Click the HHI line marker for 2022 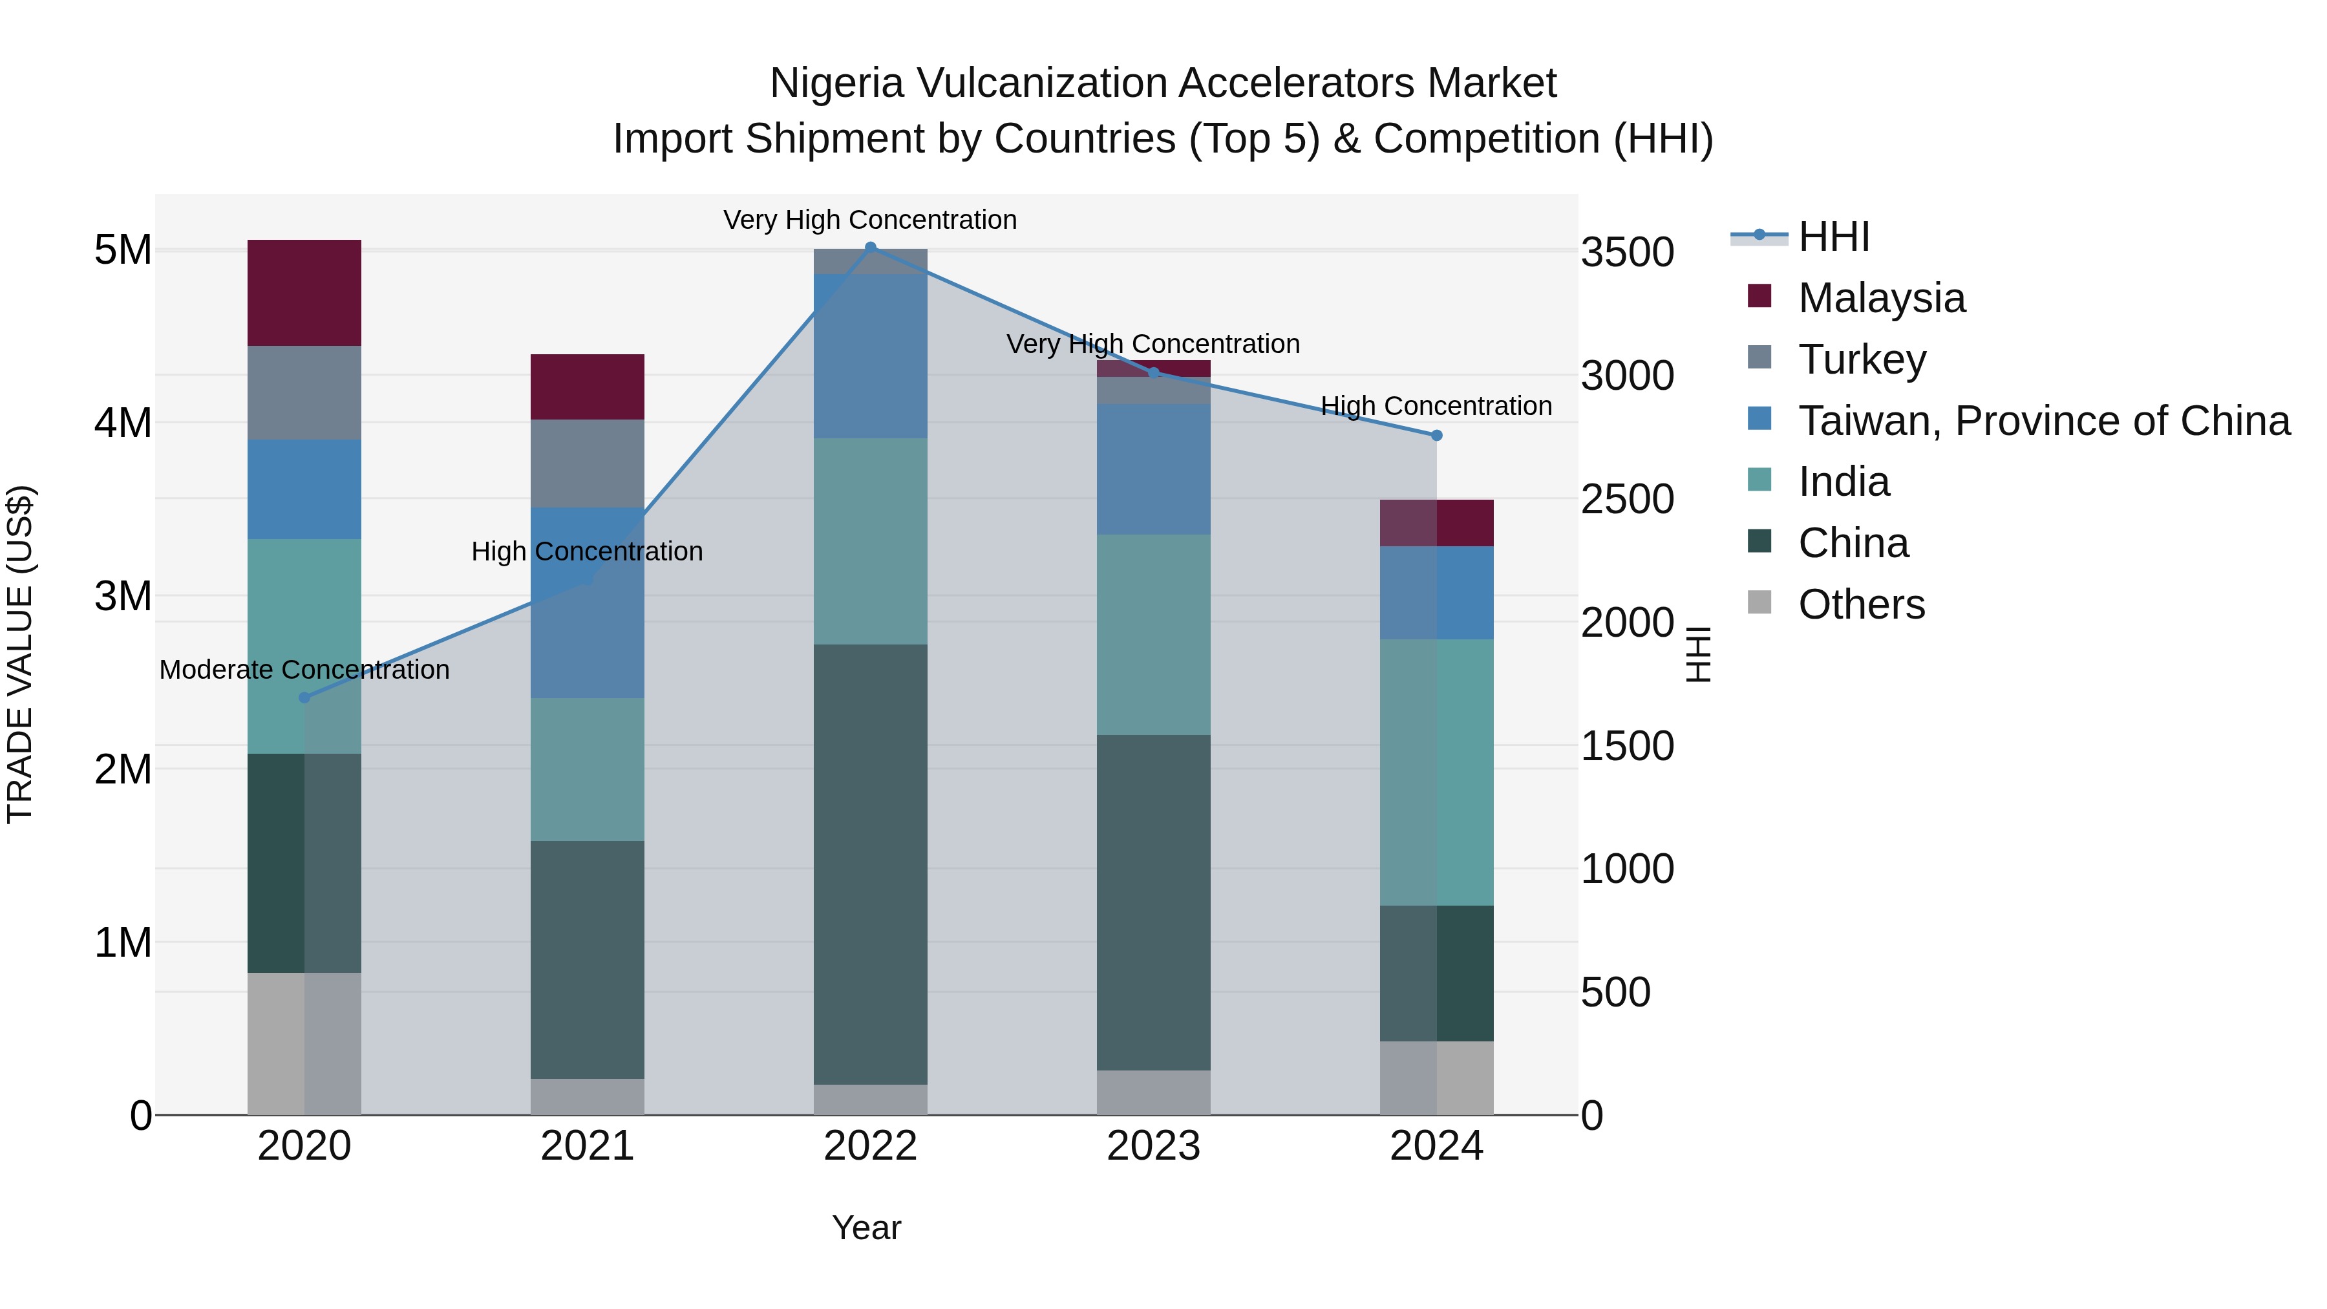click(x=870, y=247)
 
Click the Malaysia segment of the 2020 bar click(x=304, y=293)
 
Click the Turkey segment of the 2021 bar click(x=587, y=463)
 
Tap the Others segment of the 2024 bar click(x=1436, y=1077)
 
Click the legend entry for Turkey click(x=1861, y=359)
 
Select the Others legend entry click(x=1861, y=604)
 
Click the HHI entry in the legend click(x=1833, y=237)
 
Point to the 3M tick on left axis click(x=123, y=596)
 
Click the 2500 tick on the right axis click(x=1627, y=500)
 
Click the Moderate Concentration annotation click(x=304, y=670)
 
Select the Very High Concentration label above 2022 click(x=870, y=220)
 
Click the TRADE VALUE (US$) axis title click(x=20, y=654)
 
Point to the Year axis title click(x=866, y=1228)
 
